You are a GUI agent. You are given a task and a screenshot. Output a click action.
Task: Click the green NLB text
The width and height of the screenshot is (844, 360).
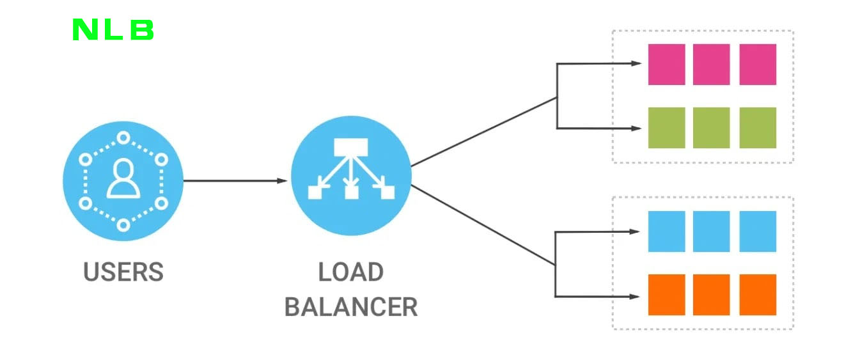pyautogui.click(x=113, y=30)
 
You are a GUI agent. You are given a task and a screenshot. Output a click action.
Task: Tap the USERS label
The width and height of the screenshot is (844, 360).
pyautogui.click(x=123, y=272)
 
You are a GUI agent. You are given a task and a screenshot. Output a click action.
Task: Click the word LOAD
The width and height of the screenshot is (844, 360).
pyautogui.click(x=350, y=272)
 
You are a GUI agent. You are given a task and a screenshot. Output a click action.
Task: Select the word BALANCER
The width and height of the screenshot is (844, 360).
pyautogui.click(x=350, y=306)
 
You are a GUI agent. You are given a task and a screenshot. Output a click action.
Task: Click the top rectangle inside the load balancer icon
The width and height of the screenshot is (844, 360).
pyautogui.click(x=350, y=147)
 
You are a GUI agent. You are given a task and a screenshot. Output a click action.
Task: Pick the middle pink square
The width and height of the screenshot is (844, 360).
pyautogui.click(x=711, y=64)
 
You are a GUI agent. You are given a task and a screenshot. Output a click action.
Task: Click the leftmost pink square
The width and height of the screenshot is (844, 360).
pyautogui.click(x=666, y=64)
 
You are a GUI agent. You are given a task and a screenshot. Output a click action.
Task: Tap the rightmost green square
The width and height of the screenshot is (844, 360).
pyautogui.click(x=758, y=128)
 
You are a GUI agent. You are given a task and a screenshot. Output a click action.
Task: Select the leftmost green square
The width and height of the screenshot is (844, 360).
pyautogui.click(x=666, y=128)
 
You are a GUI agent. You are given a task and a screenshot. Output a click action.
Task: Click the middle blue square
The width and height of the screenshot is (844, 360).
pyautogui.click(x=711, y=231)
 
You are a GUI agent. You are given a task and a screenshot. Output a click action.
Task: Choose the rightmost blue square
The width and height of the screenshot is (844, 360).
pyautogui.click(x=758, y=231)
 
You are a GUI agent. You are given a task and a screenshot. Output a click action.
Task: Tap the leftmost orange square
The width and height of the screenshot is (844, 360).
pyautogui.click(x=666, y=295)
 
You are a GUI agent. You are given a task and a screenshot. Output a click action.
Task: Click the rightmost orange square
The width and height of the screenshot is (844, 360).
pyautogui.click(x=758, y=295)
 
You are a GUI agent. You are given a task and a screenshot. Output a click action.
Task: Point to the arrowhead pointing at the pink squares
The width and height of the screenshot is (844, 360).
pyautogui.click(x=636, y=63)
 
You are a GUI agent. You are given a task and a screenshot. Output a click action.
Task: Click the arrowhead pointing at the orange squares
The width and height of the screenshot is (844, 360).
pyautogui.click(x=635, y=296)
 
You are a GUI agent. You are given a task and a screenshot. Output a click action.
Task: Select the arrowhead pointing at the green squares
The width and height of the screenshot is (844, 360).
pyautogui.click(x=636, y=128)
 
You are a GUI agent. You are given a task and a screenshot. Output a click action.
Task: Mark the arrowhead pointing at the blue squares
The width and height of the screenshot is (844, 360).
pyautogui.click(x=635, y=231)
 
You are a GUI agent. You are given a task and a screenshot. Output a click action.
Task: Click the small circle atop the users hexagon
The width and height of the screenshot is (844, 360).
pyautogui.click(x=123, y=137)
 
